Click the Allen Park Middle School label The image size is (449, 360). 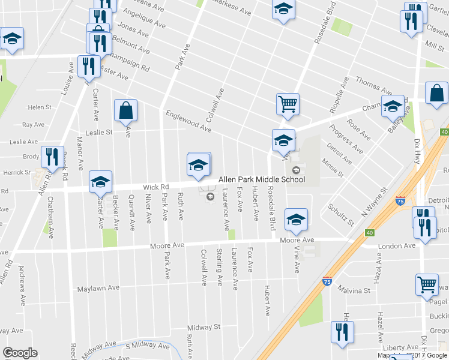click(x=261, y=179)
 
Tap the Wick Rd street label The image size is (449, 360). click(x=153, y=187)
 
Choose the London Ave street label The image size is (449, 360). click(x=397, y=246)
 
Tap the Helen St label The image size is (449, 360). click(x=40, y=107)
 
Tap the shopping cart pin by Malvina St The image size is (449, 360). click(x=427, y=284)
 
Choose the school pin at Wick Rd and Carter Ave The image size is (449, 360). click(x=100, y=182)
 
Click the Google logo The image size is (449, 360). click(x=20, y=353)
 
